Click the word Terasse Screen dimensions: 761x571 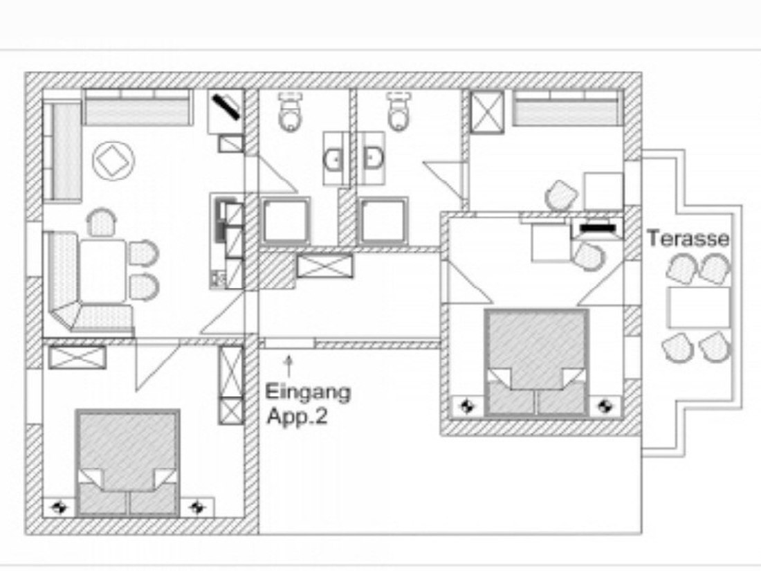(688, 238)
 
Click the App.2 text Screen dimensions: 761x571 (297, 416)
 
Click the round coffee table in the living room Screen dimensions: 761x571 (113, 161)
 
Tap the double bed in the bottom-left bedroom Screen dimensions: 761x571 (128, 463)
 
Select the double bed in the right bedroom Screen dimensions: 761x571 (537, 363)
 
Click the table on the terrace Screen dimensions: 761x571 (699, 307)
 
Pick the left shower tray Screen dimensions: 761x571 (286, 220)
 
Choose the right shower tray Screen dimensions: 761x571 (383, 220)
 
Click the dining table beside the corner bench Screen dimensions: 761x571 (103, 271)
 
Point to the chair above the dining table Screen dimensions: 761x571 (102, 222)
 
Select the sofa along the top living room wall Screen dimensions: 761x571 (138, 107)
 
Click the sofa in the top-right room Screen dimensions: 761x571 (568, 107)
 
